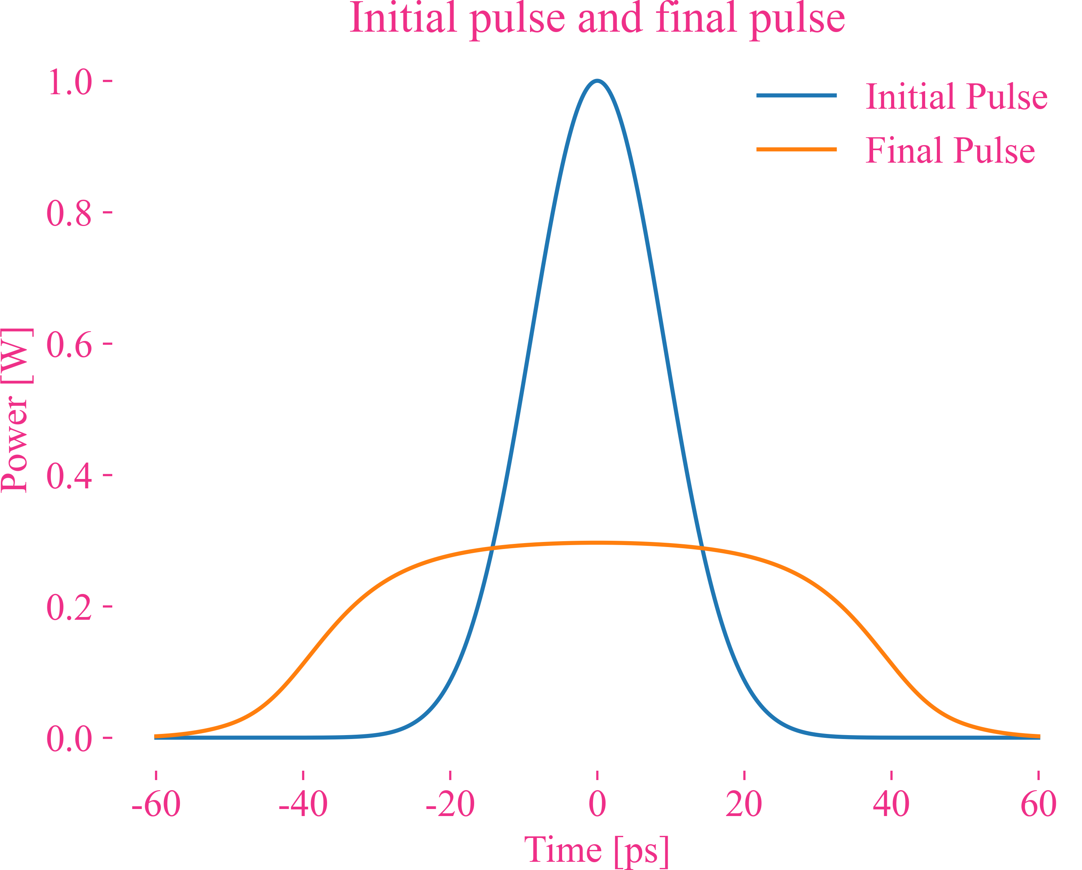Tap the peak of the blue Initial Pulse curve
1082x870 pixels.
(x=597, y=81)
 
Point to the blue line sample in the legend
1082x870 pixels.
(x=796, y=95)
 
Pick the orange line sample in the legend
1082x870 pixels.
(x=796, y=149)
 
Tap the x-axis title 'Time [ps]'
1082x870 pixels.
(x=597, y=850)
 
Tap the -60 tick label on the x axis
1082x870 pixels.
(x=156, y=804)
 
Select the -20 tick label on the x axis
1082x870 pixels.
(x=450, y=804)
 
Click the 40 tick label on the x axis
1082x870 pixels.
(x=891, y=804)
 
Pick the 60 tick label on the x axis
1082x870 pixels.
(x=1038, y=804)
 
